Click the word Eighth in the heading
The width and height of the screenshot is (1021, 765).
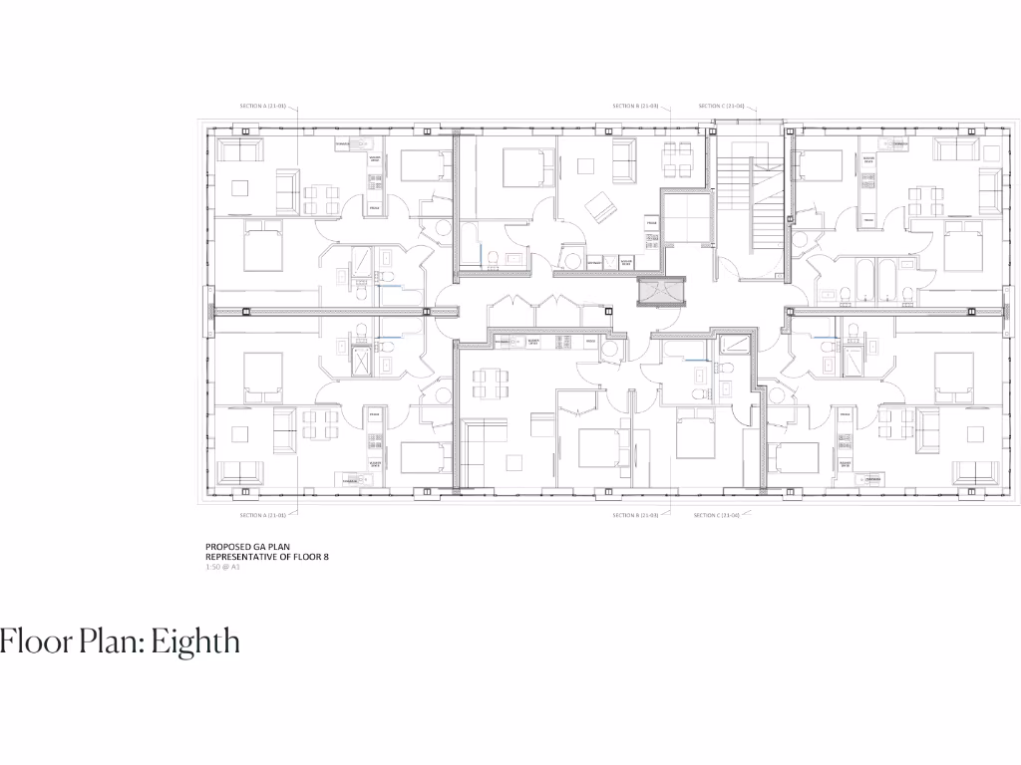pos(197,641)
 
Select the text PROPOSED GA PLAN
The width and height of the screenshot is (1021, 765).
pos(240,547)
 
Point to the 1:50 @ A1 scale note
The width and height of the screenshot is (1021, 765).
pos(223,567)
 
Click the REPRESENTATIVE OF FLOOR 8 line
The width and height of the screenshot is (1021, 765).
pos(266,557)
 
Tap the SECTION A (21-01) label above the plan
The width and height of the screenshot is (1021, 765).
pos(263,106)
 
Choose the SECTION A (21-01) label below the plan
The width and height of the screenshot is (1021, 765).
pos(263,515)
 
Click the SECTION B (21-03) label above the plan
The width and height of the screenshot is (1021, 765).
pos(635,106)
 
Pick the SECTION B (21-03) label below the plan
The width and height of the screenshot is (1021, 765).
pos(635,515)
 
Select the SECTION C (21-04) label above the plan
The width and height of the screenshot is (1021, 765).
pos(722,106)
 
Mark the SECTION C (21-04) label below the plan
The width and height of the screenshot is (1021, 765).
pos(722,515)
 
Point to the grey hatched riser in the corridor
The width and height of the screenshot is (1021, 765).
pos(659,291)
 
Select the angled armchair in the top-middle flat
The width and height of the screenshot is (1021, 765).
pos(601,208)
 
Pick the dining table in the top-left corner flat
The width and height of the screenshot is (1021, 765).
pos(321,198)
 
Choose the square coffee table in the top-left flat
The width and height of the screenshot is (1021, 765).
pos(240,186)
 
